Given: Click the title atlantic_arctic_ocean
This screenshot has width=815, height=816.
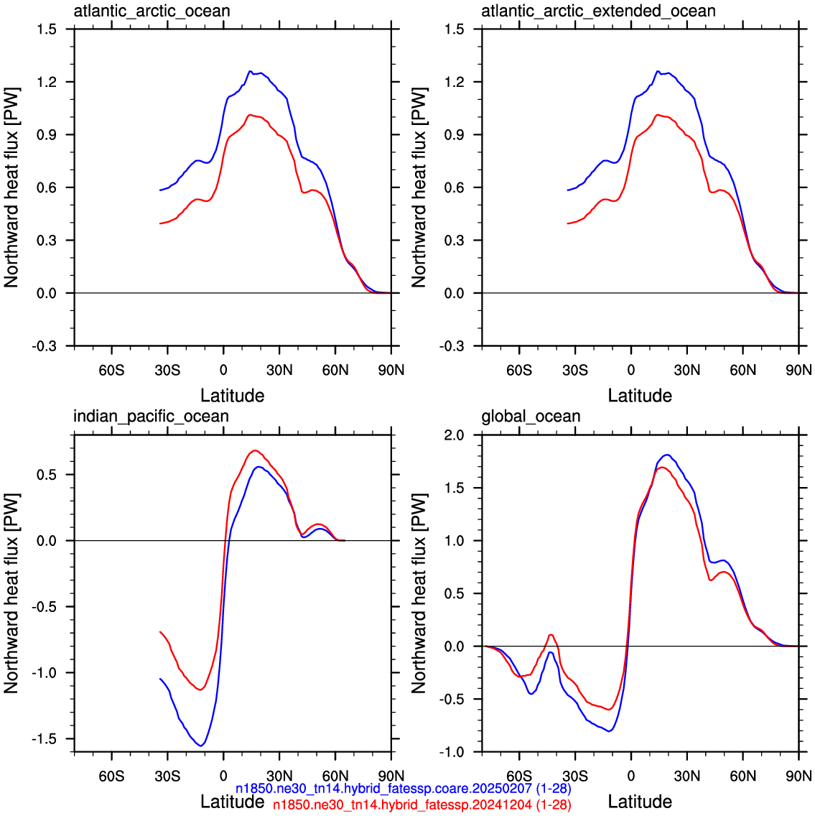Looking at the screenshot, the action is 152,11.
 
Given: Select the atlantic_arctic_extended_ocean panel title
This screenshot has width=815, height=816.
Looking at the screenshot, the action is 598,11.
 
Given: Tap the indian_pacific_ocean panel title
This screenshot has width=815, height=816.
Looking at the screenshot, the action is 151,417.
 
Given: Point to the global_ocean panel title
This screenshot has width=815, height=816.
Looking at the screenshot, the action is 531,417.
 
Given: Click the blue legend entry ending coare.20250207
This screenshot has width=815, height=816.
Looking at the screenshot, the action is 403,789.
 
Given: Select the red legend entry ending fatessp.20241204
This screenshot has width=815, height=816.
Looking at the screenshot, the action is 422,805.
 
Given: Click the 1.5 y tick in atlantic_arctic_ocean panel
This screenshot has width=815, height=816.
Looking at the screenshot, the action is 46,29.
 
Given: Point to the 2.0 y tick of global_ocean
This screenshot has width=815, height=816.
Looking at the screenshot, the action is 454,435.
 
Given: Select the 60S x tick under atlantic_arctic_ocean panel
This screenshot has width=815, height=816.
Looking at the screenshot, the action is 111,370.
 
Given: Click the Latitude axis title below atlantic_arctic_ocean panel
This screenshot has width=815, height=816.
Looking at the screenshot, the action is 233,396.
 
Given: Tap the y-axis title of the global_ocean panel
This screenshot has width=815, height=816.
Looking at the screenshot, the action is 419,593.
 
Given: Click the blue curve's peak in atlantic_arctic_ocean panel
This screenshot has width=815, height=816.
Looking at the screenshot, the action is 250,71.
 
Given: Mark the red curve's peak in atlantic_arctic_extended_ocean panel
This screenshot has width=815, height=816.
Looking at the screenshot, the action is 658,114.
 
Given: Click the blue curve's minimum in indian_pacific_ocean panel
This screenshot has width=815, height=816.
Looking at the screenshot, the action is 201,746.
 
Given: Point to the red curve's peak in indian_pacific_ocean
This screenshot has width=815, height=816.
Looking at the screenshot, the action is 255,450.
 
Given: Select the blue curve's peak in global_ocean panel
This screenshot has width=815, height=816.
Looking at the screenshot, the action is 667,455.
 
